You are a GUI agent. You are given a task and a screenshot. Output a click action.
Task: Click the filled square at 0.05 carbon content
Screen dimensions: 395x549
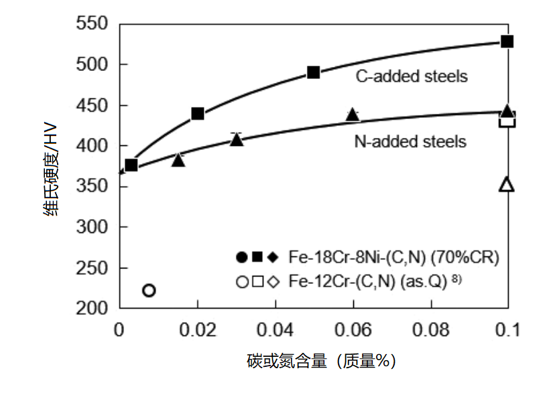[314, 72]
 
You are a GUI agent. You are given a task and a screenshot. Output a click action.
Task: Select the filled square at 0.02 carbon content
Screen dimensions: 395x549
[198, 114]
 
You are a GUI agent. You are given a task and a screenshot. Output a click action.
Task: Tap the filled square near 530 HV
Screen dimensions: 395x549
[507, 42]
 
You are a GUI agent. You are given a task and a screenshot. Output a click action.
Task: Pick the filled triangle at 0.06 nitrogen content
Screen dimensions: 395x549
[353, 115]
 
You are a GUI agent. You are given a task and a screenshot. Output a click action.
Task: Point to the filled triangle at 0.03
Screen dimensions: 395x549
[237, 139]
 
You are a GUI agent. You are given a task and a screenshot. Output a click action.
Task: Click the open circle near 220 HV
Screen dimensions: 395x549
[149, 290]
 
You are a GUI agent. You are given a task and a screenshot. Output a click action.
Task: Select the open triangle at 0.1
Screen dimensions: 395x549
[507, 185]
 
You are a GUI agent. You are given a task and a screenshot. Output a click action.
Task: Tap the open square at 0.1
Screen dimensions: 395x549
[507, 121]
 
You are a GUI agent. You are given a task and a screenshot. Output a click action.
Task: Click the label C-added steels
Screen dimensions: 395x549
[412, 76]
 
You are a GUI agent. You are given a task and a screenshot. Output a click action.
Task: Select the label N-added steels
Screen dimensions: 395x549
[410, 141]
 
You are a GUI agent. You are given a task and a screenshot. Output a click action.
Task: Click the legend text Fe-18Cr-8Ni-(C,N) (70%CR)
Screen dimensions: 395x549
[394, 257]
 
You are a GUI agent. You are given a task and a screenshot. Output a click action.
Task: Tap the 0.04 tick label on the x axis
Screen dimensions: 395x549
[276, 331]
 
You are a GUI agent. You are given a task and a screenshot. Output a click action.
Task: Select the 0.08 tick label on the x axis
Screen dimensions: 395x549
[430, 331]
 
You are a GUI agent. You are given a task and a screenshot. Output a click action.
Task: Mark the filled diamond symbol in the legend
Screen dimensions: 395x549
[272, 257]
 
